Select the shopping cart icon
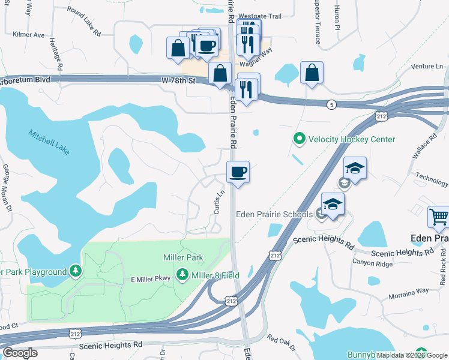[438, 217]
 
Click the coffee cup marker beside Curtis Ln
[238, 173]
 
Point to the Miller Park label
[183, 257]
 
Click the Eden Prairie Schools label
[274, 214]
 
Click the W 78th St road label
[179, 80]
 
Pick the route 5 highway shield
[331, 104]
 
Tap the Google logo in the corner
[20, 353]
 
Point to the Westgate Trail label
[260, 16]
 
